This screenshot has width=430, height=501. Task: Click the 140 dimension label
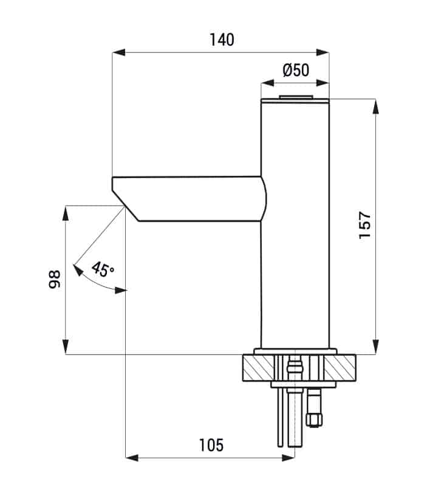pyautogui.click(x=222, y=40)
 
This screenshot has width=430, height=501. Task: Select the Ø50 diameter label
pyautogui.click(x=296, y=70)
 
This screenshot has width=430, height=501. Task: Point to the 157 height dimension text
pyautogui.click(x=365, y=225)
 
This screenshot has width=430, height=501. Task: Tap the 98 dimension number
pyautogui.click(x=55, y=280)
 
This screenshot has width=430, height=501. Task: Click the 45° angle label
pyautogui.click(x=103, y=269)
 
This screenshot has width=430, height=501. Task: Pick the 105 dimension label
pyautogui.click(x=211, y=445)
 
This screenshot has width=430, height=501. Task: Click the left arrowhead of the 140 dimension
pyautogui.click(x=118, y=52)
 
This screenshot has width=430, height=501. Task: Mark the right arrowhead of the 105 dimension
pyautogui.click(x=288, y=458)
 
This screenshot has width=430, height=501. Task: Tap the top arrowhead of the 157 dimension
pyautogui.click(x=376, y=106)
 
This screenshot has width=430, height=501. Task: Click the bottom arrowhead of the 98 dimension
pyautogui.click(x=66, y=347)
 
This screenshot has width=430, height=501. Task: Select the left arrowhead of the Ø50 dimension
pyautogui.click(x=267, y=83)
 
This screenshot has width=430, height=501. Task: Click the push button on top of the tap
pyautogui.click(x=296, y=97)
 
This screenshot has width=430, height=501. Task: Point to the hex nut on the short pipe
pyautogui.click(x=314, y=420)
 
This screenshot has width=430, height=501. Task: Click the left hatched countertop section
pyautogui.click(x=258, y=368)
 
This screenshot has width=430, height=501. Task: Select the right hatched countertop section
pyautogui.click(x=340, y=368)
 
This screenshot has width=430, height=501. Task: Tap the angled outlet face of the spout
pyautogui.click(x=126, y=206)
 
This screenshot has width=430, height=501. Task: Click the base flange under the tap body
pyautogui.click(x=295, y=351)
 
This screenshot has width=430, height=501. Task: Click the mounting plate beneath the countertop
pyautogui.click(x=303, y=384)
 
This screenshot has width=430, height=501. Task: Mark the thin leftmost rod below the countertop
pyautogui.click(x=280, y=417)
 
